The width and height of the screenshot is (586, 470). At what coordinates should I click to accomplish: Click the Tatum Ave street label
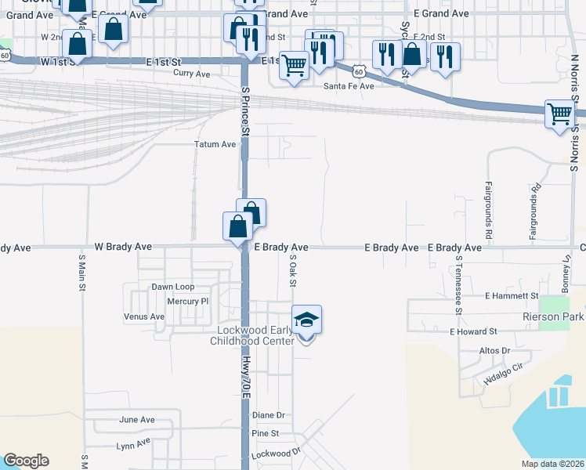[215, 144]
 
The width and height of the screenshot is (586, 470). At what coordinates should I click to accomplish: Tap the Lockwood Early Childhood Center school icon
[307, 320]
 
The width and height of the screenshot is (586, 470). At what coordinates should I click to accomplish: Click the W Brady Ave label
[123, 247]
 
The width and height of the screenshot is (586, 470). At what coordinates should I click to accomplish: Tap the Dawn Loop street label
[172, 287]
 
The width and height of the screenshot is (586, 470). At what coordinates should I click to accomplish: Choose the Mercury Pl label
[189, 301]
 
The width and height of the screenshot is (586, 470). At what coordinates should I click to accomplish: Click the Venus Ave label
[144, 316]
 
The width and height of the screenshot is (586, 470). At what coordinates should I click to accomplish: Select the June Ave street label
[136, 420]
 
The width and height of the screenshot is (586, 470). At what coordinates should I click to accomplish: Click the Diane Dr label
[268, 415]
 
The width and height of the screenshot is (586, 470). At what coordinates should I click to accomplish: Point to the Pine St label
[266, 433]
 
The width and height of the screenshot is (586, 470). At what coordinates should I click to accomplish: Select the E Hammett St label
[512, 296]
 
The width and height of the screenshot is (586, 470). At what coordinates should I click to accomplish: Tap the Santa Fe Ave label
[349, 86]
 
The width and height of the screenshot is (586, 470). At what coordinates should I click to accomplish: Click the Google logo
[26, 461]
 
